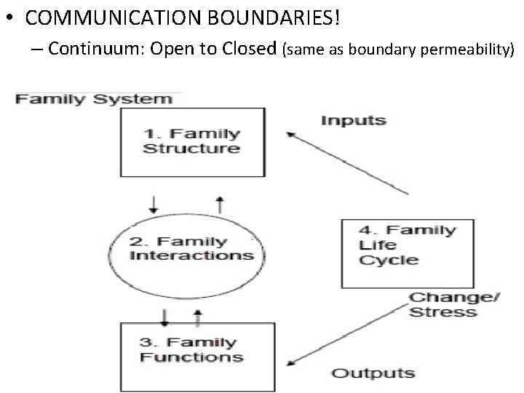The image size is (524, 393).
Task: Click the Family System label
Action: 95,98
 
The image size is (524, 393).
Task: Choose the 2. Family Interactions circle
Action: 191,248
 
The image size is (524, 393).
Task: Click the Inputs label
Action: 353,120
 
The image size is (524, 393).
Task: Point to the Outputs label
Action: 373,374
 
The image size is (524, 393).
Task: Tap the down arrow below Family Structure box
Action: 153,204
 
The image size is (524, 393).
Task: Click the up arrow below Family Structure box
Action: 221,205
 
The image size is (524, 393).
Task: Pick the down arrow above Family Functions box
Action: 165,317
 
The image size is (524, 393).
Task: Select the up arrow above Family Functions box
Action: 197,317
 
